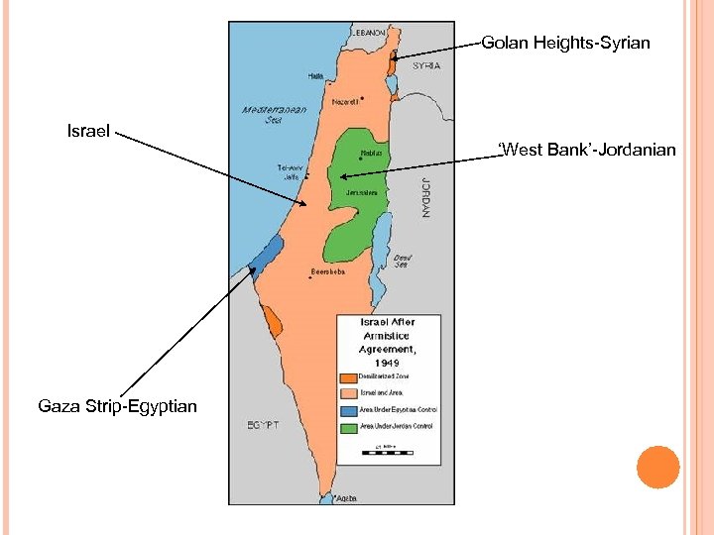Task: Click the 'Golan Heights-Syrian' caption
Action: (x=565, y=43)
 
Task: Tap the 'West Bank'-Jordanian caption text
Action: (x=587, y=151)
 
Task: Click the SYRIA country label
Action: (x=426, y=66)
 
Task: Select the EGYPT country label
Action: (x=263, y=425)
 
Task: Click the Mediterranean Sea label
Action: (x=274, y=114)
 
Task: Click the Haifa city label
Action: (x=315, y=75)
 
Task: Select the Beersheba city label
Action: (x=328, y=271)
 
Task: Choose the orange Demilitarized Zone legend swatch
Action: (x=347, y=376)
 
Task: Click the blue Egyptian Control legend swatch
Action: (x=347, y=409)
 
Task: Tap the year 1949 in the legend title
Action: (x=387, y=363)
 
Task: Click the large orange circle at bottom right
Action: (x=657, y=468)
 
